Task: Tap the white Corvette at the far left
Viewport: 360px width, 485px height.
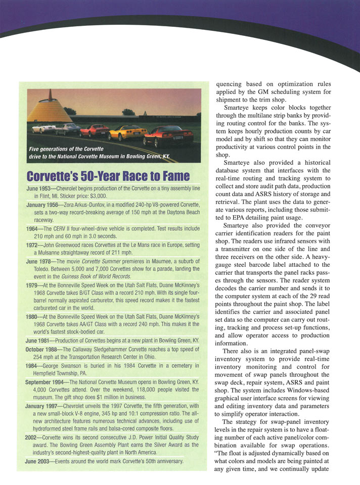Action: click(43, 128)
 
